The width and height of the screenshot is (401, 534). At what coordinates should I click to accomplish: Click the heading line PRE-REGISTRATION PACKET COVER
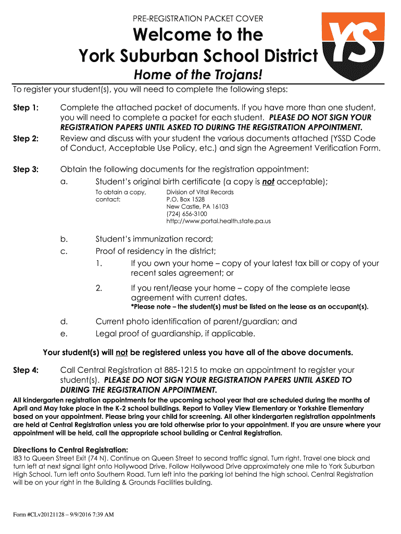[198, 19]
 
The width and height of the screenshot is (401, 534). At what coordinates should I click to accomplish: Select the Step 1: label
[26, 108]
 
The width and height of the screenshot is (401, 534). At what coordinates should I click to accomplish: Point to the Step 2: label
[26, 139]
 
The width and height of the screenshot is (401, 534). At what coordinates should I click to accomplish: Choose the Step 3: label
[26, 169]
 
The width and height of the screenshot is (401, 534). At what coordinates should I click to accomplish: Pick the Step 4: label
[26, 370]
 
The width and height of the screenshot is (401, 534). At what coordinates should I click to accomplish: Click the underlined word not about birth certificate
[268, 181]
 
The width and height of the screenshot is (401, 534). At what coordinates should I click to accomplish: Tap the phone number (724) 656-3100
[186, 214]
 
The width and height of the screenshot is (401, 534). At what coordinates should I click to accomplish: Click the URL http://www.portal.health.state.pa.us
[218, 221]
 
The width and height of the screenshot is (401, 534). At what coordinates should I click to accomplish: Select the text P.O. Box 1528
[185, 199]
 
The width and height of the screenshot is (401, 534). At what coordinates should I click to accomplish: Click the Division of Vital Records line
[200, 192]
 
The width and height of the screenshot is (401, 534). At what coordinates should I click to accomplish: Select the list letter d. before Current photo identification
[64, 322]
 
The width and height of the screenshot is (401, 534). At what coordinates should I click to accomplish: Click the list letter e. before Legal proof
[64, 334]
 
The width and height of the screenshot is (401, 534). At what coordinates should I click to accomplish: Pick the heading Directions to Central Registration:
[70, 450]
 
